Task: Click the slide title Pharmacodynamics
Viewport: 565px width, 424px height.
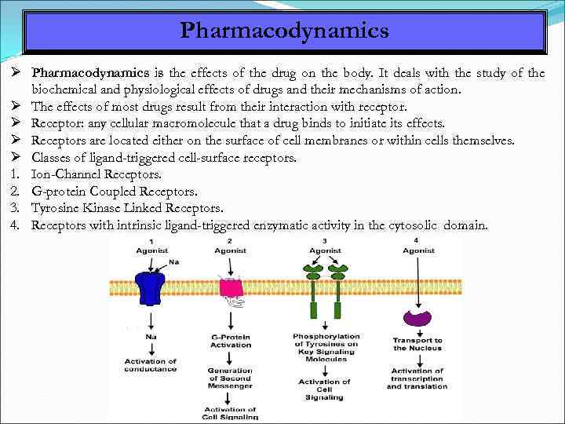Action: pyautogui.click(x=284, y=31)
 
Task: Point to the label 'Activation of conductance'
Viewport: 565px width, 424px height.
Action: pyautogui.click(x=151, y=366)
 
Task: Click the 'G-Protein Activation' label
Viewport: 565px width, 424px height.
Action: pyautogui.click(x=231, y=341)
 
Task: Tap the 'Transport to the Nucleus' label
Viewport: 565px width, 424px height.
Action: pyautogui.click(x=417, y=344)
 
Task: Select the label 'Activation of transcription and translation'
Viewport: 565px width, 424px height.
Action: pyautogui.click(x=417, y=379)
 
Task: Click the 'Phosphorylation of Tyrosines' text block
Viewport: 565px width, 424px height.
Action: pyautogui.click(x=324, y=347)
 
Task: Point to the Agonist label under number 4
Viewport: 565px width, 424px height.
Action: pyautogui.click(x=418, y=250)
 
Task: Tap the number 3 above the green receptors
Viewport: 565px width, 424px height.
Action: pyautogui.click(x=324, y=240)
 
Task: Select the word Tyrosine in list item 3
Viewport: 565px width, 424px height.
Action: pyautogui.click(x=57, y=208)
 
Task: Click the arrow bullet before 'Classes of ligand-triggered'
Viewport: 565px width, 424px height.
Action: pyautogui.click(x=16, y=157)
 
